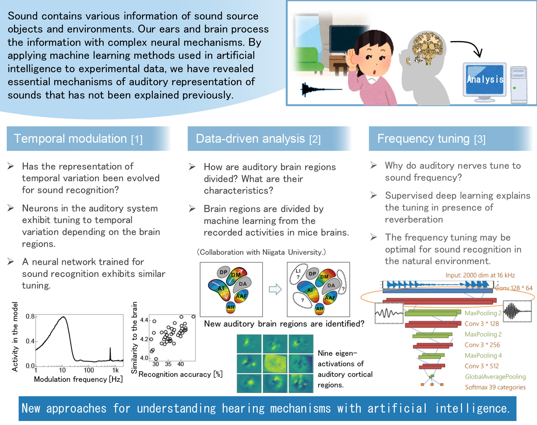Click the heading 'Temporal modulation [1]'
[78, 139]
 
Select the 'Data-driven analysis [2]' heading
[258, 139]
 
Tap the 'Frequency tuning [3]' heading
[431, 139]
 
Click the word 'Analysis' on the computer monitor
[485, 79]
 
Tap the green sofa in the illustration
[306, 59]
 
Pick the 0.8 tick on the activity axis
[30, 316]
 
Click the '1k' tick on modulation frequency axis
[115, 370]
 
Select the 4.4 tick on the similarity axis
[144, 320]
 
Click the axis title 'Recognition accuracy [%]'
[180, 374]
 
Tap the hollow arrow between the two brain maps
[275, 289]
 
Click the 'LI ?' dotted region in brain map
[298, 274]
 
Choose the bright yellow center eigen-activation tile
[275, 363]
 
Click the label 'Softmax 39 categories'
[495, 387]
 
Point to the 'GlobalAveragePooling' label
[495, 377]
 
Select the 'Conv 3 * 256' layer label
[482, 345]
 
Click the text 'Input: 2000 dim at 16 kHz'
[480, 275]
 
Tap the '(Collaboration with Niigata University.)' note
[261, 252]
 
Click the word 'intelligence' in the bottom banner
[472, 408]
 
